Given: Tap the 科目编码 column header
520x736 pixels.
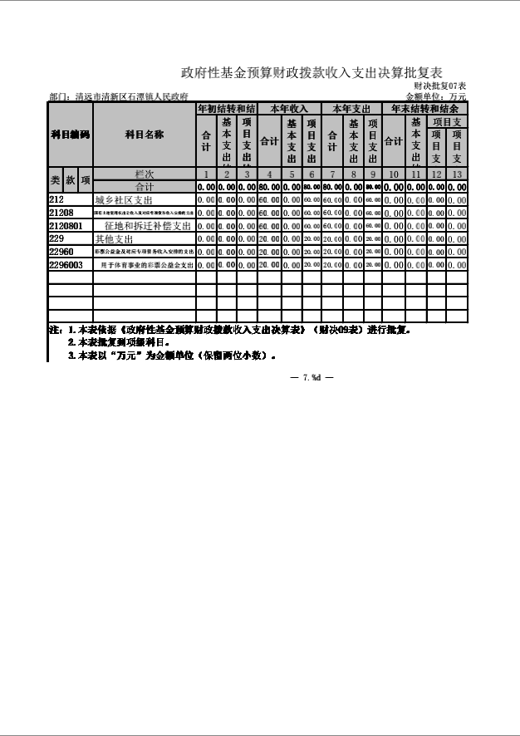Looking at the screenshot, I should pyautogui.click(x=70, y=135).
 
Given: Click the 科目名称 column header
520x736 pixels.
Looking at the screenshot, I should pyautogui.click(x=144, y=135).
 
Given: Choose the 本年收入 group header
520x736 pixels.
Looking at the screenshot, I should pyautogui.click(x=289, y=109).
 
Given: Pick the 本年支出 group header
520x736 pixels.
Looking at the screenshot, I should pyautogui.click(x=351, y=109).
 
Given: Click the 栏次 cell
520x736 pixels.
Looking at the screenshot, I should pyautogui.click(x=144, y=174).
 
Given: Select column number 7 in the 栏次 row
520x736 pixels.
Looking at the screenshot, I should pyautogui.click(x=331, y=174).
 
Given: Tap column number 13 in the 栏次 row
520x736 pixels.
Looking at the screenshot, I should pyautogui.click(x=456, y=174).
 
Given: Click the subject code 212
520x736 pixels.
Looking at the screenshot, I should pyautogui.click(x=56, y=200).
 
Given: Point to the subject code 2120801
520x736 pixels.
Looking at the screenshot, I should pyautogui.click(x=66, y=226).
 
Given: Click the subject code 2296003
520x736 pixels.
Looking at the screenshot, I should pyautogui.click(x=66, y=264).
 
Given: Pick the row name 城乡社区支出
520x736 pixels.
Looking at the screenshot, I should pyautogui.click(x=123, y=200).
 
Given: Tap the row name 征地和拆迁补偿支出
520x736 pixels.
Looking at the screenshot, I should pyautogui.click(x=148, y=226).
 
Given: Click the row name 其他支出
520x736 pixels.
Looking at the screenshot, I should pyautogui.click(x=115, y=239).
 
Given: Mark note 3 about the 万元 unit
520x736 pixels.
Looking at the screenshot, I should pyautogui.click(x=171, y=356).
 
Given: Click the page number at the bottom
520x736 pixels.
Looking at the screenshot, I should pyautogui.click(x=312, y=378).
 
